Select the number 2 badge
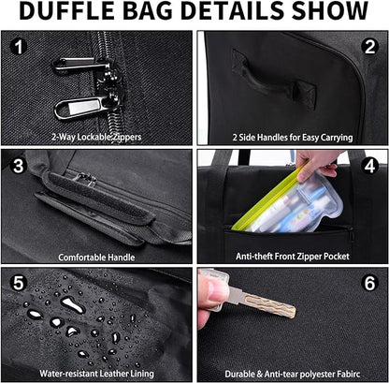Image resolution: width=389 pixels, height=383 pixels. (x=369, y=45)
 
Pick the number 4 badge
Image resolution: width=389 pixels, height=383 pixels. (x=369, y=165)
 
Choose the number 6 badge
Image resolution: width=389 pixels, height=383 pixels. (x=369, y=282)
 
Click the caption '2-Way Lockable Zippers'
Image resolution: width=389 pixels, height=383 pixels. (x=97, y=137)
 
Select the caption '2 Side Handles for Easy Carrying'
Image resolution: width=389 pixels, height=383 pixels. (x=292, y=137)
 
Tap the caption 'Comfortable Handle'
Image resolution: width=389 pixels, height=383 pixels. (x=97, y=257)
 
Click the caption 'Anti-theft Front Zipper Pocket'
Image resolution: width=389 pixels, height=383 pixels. (x=292, y=257)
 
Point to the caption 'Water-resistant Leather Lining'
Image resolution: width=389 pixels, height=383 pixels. (x=97, y=372)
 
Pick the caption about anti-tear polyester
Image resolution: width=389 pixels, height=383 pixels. (x=292, y=372)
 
